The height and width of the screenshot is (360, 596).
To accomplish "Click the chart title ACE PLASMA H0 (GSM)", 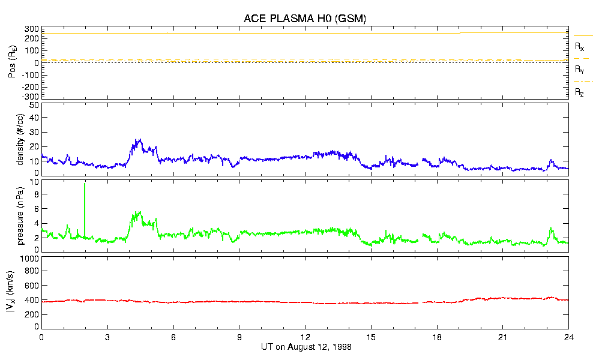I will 305,19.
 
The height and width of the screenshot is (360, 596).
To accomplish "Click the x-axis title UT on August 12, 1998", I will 306,347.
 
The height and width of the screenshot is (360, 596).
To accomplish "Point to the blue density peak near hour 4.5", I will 139,141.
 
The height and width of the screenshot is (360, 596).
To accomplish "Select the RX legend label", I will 580,47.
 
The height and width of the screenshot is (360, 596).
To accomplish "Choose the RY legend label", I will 580,70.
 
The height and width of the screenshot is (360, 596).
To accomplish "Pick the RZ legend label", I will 580,92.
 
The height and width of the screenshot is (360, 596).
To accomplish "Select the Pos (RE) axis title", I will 13,62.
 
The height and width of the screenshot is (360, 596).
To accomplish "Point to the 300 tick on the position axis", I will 31,29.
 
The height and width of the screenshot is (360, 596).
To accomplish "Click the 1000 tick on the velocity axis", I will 30,259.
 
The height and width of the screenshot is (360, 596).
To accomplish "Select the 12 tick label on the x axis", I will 305,337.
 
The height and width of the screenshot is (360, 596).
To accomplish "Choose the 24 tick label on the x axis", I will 568,337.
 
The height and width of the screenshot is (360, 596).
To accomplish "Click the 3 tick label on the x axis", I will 107,337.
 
